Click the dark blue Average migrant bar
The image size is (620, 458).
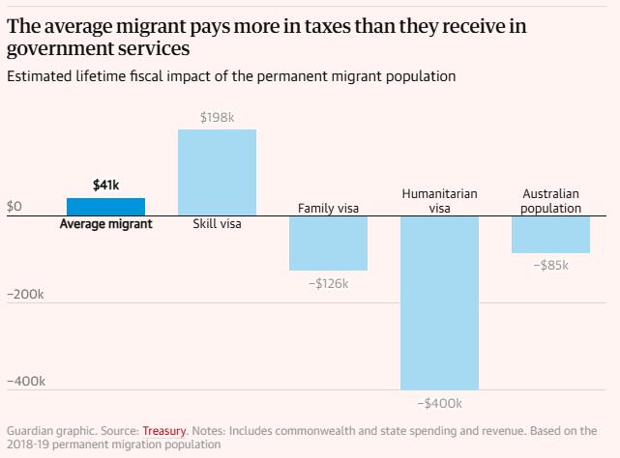click(x=105, y=207)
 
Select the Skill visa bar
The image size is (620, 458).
click(x=217, y=172)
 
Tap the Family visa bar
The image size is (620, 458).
click(x=328, y=243)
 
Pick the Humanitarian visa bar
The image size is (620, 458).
click(x=439, y=303)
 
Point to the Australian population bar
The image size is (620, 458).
click(x=550, y=235)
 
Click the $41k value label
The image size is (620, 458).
click(x=105, y=185)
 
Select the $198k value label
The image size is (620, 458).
click(x=217, y=117)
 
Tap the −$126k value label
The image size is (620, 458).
click(x=329, y=284)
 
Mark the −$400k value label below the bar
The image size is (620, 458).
click(x=440, y=404)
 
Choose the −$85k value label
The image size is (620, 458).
click(x=550, y=265)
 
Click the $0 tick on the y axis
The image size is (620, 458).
click(x=15, y=206)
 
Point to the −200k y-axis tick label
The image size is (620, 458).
click(x=25, y=295)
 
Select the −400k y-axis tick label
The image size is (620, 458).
click(x=26, y=382)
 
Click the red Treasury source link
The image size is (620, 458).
click(x=164, y=431)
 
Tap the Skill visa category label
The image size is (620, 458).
click(x=217, y=224)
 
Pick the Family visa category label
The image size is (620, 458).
click(x=328, y=209)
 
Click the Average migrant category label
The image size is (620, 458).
click(x=106, y=224)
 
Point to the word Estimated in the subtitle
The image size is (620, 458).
click(x=40, y=76)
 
